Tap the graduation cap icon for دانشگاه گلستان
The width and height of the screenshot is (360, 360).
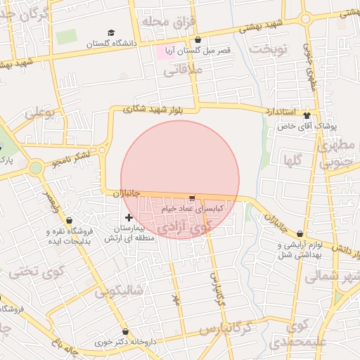point(110,33)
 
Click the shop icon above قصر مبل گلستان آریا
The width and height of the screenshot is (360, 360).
point(198,40)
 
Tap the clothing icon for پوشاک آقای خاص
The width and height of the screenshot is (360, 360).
point(307,114)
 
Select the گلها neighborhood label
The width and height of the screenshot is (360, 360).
point(292,161)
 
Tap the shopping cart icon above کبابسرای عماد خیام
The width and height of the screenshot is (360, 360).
point(192,199)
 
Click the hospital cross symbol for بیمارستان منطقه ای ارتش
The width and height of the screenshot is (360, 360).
point(129,217)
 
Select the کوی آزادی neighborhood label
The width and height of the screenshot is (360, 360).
point(184,227)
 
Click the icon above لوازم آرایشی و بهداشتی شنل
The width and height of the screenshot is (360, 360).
point(300,234)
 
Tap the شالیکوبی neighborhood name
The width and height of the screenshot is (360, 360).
point(120,290)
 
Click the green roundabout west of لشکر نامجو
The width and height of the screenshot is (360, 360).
point(36,167)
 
